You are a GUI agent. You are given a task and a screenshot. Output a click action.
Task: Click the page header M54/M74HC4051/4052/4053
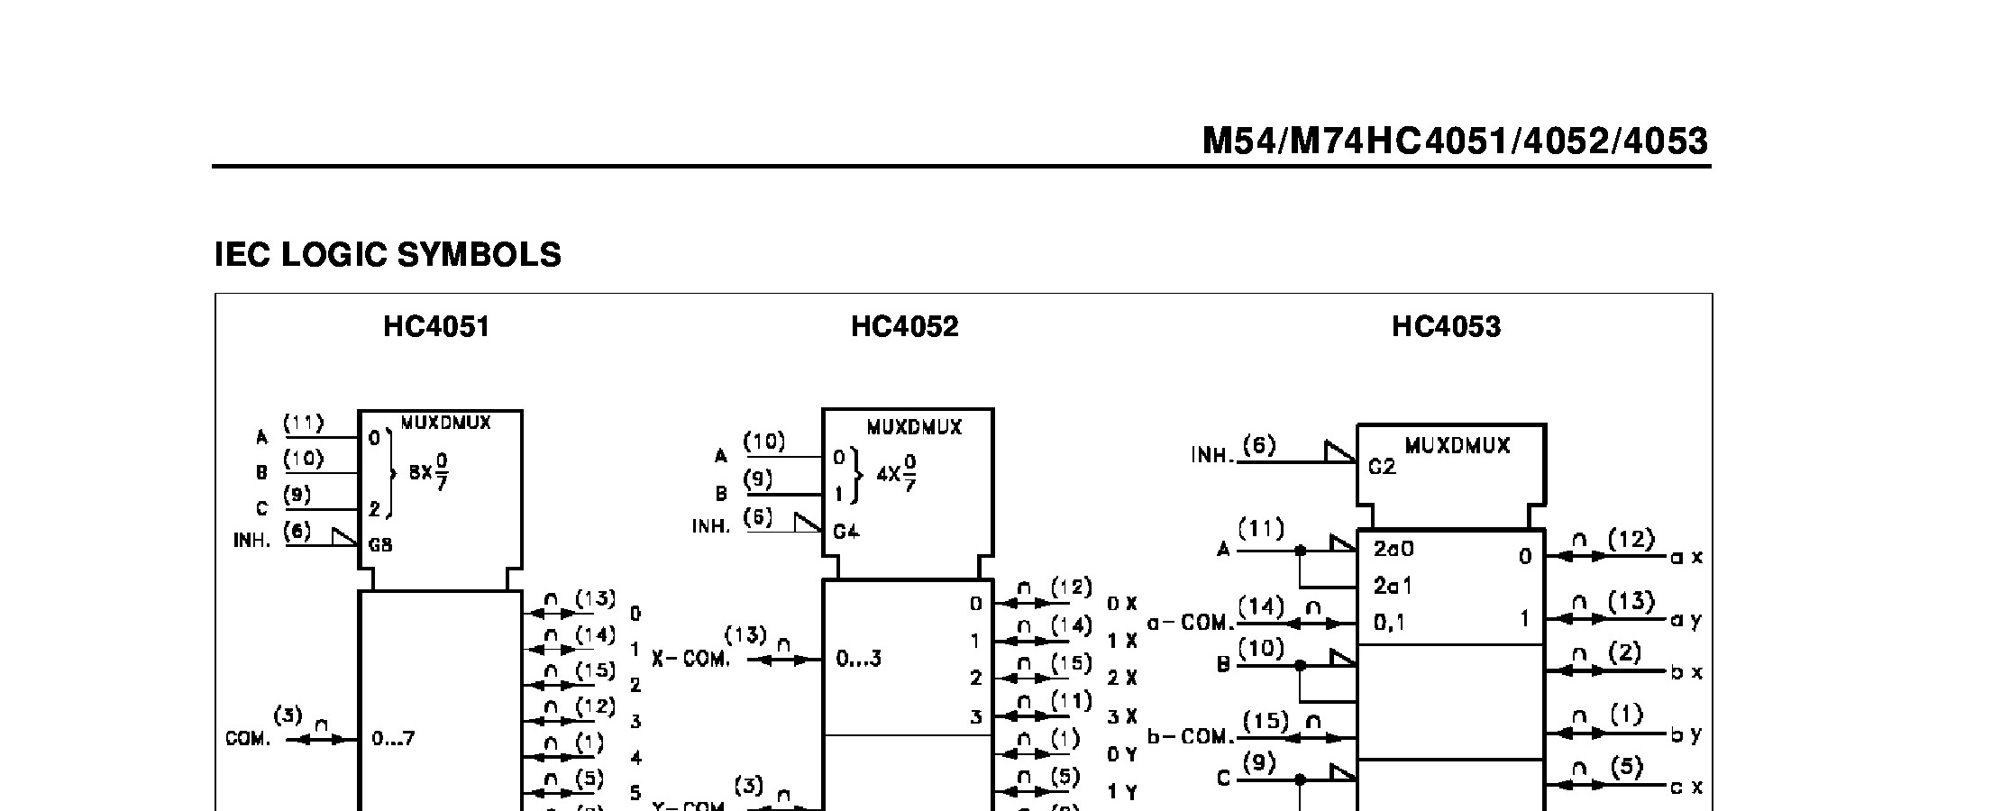1455,141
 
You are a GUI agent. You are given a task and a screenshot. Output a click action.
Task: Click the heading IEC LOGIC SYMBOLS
388,255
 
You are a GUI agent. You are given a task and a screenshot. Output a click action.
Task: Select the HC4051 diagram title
436,326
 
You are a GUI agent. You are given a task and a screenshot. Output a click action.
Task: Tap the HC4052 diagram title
904,326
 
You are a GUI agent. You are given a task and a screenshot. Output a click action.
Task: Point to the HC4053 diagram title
1446,326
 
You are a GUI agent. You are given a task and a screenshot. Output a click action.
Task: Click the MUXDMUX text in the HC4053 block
1457,446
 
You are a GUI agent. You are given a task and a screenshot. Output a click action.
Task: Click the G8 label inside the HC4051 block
380,545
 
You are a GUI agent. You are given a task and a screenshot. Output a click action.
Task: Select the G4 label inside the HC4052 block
845,532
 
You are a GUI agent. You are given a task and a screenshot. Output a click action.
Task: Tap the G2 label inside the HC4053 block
1382,468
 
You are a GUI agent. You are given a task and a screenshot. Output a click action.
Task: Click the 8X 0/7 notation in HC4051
429,471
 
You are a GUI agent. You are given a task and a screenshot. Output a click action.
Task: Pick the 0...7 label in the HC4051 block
393,739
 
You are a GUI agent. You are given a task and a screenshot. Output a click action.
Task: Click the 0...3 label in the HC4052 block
858,660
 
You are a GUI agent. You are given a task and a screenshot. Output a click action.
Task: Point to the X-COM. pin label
690,660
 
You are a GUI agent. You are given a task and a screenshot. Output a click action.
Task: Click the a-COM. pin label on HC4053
1189,624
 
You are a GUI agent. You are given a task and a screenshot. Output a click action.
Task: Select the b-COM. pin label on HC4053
1189,737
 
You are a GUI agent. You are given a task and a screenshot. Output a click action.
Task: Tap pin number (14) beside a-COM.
1261,607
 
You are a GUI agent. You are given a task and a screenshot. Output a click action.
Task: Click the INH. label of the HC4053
1211,456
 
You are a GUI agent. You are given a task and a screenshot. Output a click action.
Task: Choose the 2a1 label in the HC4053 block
1393,587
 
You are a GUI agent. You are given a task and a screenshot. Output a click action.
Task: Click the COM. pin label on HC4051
247,739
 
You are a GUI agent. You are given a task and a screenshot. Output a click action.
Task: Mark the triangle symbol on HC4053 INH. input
1340,451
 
